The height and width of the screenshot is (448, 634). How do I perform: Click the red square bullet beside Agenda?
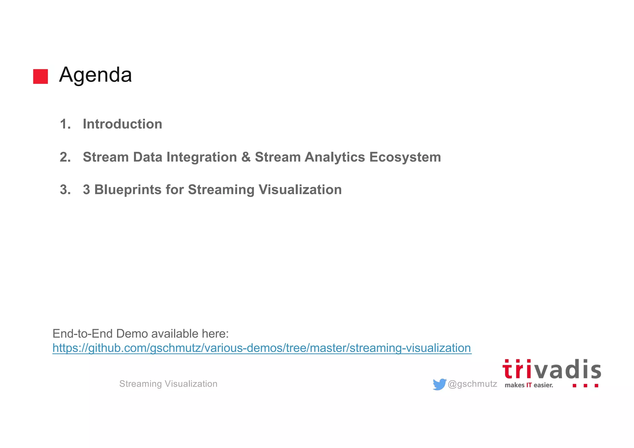41,76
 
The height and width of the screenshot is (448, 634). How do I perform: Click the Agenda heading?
95,75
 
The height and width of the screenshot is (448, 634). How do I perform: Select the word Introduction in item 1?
122,124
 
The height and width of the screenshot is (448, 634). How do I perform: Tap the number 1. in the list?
65,124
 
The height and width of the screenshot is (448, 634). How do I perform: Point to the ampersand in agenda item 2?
246,157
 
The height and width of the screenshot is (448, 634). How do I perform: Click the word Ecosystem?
405,157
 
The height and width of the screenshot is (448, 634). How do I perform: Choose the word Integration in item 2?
202,157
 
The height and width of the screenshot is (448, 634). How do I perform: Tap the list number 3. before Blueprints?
65,190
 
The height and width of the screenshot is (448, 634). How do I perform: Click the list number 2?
65,157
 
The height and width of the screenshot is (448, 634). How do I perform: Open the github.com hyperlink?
262,348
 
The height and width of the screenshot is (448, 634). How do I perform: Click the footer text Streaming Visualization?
168,384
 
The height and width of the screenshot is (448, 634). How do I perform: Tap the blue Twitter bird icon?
439,384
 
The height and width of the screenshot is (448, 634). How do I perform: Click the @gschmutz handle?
472,384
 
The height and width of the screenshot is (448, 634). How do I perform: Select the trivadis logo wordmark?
551,370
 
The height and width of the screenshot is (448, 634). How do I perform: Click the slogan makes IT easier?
528,385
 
